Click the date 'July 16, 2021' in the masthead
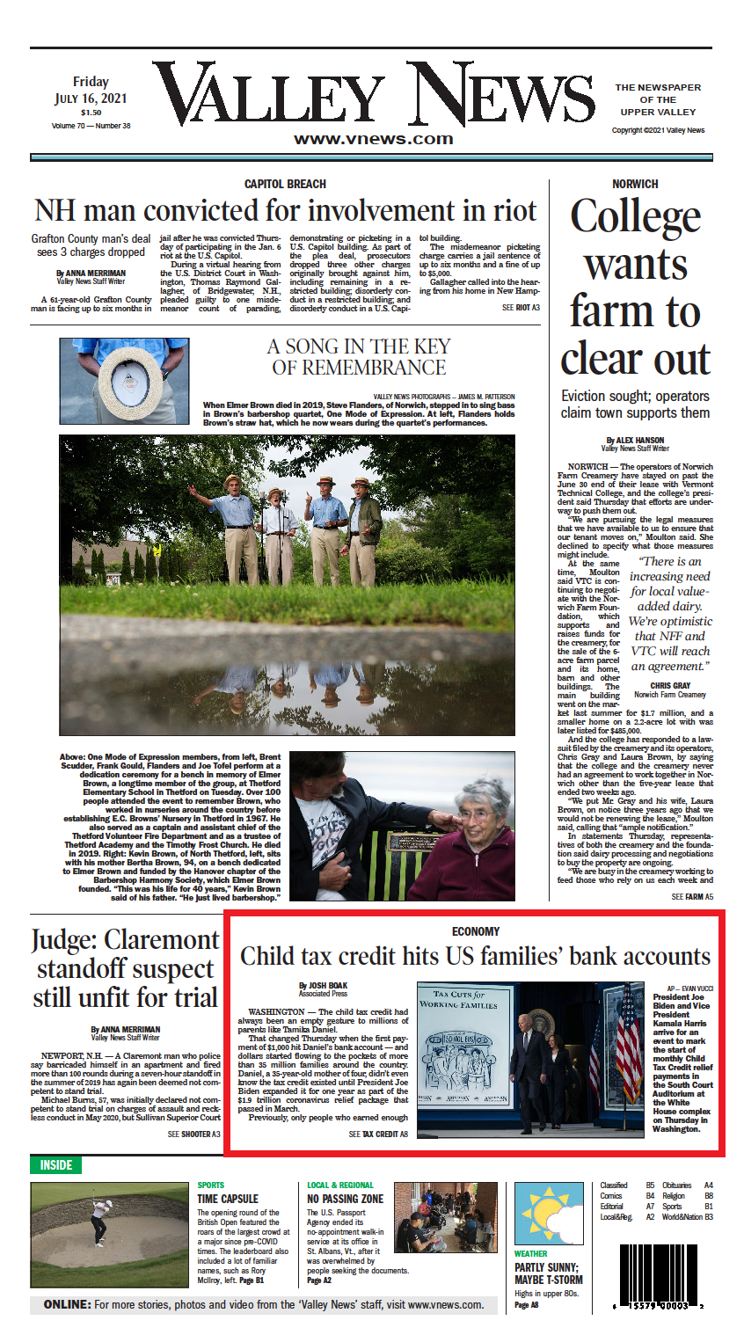click(91, 98)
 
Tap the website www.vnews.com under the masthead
click(373, 139)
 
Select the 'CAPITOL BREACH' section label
click(285, 184)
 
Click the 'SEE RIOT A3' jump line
click(521, 308)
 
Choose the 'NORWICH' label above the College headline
click(635, 184)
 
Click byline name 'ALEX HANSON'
click(635, 440)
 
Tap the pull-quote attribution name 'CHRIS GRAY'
click(670, 685)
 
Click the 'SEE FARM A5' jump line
click(692, 897)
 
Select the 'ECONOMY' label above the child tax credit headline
click(476, 931)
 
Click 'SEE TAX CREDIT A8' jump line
click(378, 1134)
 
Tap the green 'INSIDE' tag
click(55, 1164)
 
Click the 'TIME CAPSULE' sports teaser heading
click(228, 1199)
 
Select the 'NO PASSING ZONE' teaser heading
click(345, 1199)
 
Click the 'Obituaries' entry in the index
click(677, 1185)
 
